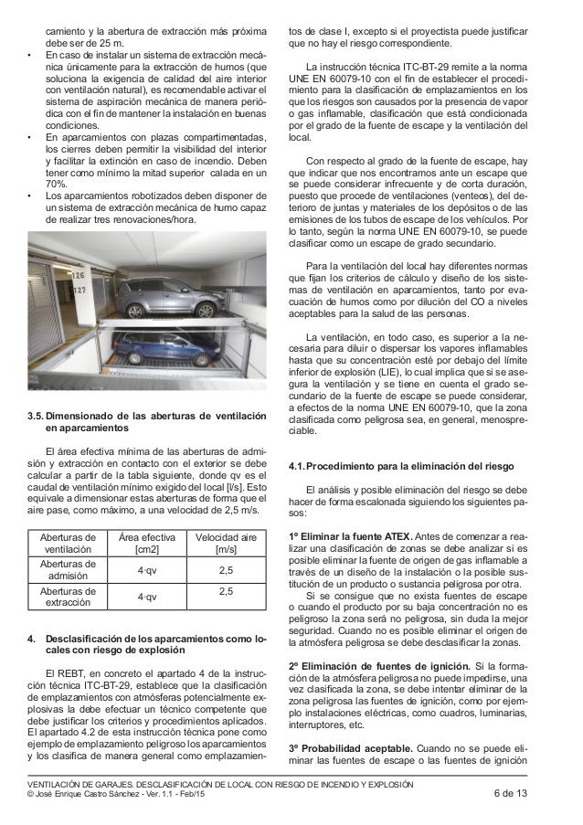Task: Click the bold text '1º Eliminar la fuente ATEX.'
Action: pos(349,535)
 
